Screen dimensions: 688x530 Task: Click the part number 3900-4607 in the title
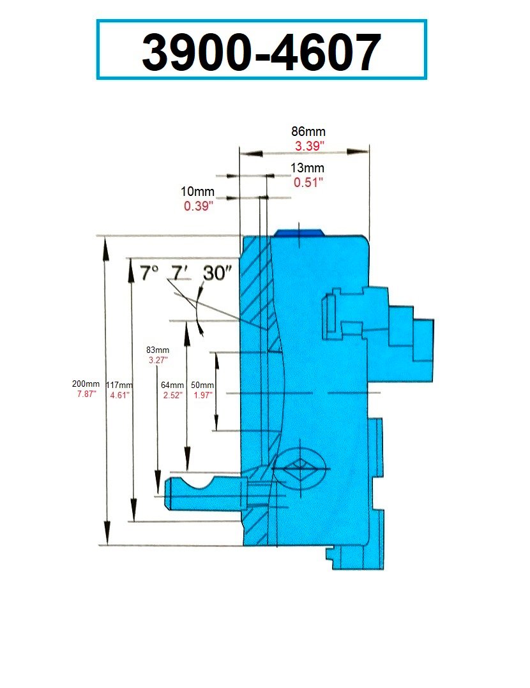261,51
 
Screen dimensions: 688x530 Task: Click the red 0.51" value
308,183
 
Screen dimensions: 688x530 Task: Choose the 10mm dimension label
198,191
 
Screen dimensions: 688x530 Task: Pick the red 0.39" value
198,206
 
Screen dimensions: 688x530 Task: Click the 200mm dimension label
86,384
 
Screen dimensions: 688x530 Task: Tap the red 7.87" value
86,394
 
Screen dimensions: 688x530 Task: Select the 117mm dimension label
119,385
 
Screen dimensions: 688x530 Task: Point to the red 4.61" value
119,395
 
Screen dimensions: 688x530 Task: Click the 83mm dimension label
158,350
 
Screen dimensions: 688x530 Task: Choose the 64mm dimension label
172,385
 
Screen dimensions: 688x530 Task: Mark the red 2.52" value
172,395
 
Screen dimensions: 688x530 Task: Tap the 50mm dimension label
202,385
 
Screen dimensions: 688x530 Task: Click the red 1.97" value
202,395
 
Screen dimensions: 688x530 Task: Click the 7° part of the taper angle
148,273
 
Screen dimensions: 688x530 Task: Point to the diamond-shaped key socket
298,471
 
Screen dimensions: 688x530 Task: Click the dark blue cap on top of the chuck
298,232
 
